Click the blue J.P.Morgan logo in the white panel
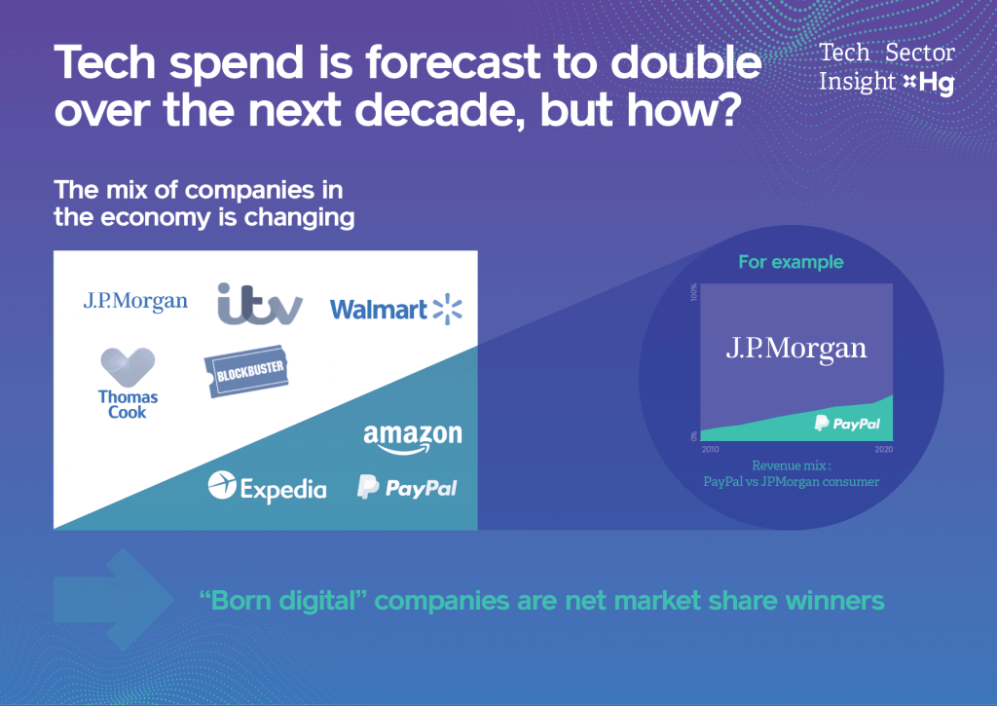coord(135,301)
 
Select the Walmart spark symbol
coord(447,309)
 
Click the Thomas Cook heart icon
coord(128,368)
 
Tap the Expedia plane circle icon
coord(222,485)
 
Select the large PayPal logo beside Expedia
coord(406,487)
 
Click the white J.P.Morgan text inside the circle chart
coord(795,350)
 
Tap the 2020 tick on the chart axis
coord(883,449)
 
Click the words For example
coord(791,262)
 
